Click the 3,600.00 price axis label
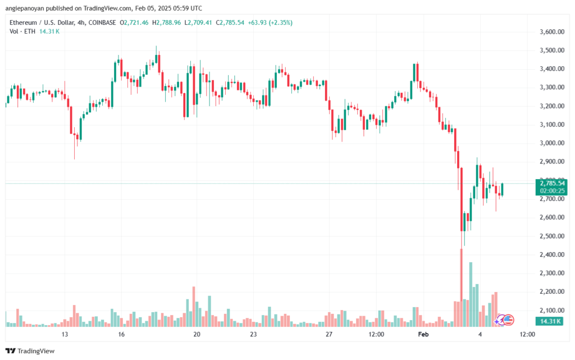tap(552, 32)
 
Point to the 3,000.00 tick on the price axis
tap(552, 143)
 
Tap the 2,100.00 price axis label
tap(552, 310)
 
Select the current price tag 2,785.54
tap(552, 183)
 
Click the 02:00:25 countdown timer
tap(552, 191)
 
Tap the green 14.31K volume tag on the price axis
tap(550, 321)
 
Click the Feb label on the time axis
tap(423, 334)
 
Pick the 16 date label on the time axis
tap(121, 334)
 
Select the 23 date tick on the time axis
tap(253, 334)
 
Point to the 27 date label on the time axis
tap(329, 334)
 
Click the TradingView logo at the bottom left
tap(30, 351)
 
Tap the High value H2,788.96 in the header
tap(166, 22)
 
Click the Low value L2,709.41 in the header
tap(198, 22)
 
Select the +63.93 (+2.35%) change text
tap(270, 22)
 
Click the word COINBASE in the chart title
tap(102, 22)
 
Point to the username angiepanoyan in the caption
tap(25, 8)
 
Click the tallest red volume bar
tap(462, 288)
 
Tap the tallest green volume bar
tap(471, 294)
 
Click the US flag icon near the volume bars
tap(508, 320)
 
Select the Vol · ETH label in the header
tap(22, 31)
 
